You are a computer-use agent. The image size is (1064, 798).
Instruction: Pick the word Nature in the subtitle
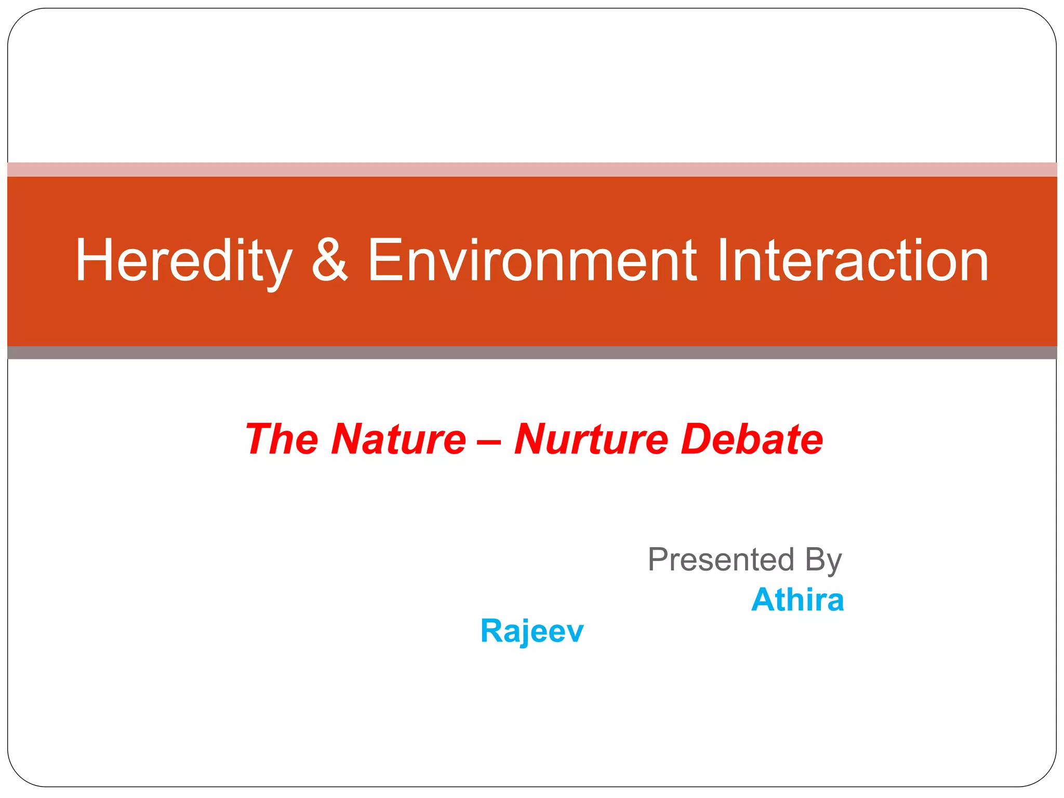point(398,440)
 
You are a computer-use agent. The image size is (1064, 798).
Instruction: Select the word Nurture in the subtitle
point(591,440)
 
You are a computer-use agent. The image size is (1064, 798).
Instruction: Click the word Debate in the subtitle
point(752,440)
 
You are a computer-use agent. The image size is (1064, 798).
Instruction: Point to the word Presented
point(721,560)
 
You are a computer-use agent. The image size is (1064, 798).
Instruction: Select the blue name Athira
point(797,600)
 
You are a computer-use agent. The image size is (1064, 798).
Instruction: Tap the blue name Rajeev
point(532,631)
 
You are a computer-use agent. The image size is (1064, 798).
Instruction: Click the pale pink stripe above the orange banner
point(532,169)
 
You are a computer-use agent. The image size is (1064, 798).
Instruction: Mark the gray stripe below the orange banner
point(532,353)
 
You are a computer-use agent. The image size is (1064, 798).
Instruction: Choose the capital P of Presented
point(659,560)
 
